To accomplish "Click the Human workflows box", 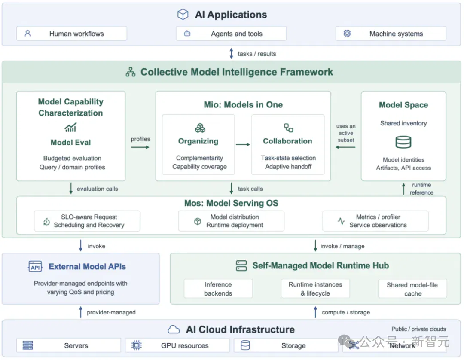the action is [x=72, y=34].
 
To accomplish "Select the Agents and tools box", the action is [x=231, y=34].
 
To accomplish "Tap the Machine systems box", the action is [x=391, y=34].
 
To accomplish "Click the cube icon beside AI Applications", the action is [x=183, y=14].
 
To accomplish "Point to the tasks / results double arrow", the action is [x=232, y=54].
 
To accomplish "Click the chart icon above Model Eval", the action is [x=71, y=127].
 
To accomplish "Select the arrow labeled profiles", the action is [x=140, y=147].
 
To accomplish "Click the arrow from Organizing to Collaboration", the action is [x=243, y=145].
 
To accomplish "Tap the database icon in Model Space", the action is [x=403, y=142].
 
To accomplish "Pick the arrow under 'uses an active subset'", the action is [x=345, y=147].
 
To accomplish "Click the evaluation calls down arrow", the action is [x=71, y=188].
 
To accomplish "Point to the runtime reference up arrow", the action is [x=403, y=189].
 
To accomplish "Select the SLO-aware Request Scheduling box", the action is [x=87, y=221].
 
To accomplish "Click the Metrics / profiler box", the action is [x=375, y=221].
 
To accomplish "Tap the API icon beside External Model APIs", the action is [x=35, y=266].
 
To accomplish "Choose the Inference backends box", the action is [x=218, y=288].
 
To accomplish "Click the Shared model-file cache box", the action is [x=412, y=288].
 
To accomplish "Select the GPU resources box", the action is [x=177, y=345].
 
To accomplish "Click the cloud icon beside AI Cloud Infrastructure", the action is [x=174, y=329].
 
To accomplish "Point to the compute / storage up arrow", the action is [x=315, y=312].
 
